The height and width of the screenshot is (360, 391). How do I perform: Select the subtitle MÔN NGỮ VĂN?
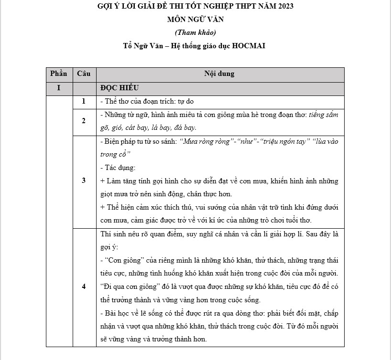195,20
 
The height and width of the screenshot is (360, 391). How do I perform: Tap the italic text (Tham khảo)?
195,32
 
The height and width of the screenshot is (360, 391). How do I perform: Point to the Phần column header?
59,74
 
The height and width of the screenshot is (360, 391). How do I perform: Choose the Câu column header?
84,74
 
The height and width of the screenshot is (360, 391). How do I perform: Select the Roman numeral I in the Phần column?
59,88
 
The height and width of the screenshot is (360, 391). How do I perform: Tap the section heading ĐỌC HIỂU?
119,88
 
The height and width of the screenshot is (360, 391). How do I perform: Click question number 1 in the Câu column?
84,101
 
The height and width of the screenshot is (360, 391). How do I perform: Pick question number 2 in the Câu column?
84,121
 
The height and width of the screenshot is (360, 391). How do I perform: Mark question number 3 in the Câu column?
84,180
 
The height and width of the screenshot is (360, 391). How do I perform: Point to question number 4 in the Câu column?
84,286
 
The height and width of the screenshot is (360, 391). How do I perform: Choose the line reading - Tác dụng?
118,168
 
